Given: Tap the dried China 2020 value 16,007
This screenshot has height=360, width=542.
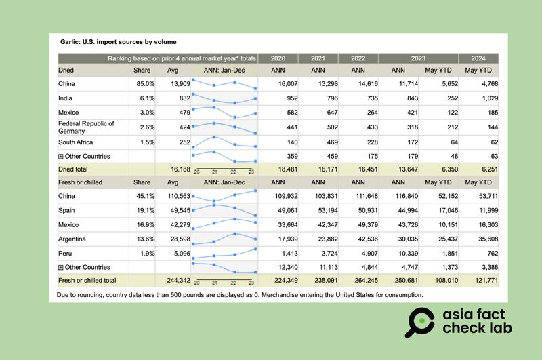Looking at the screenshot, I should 279,83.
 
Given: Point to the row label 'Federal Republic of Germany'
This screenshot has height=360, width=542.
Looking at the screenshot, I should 87,127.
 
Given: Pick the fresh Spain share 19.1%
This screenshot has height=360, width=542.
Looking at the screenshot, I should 146,210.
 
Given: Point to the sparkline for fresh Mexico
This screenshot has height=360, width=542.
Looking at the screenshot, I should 225,224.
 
